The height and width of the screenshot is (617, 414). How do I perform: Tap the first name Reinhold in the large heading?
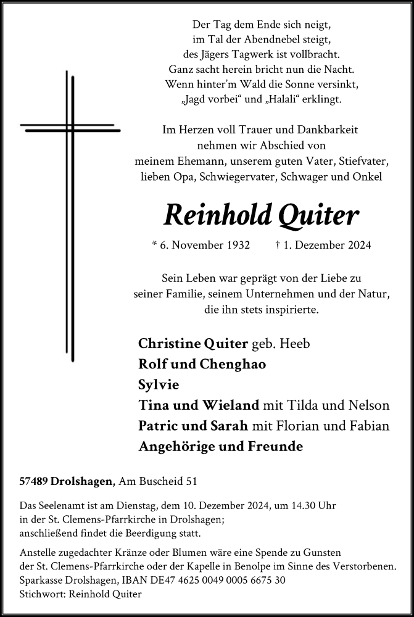coord(218,215)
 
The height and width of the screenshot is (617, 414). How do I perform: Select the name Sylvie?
coord(159,384)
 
